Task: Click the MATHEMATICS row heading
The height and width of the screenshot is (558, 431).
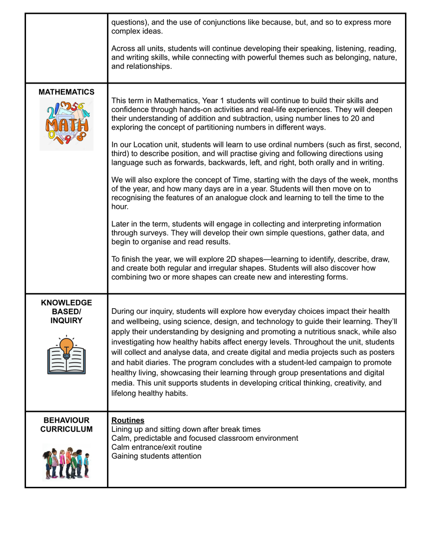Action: coord(66,92)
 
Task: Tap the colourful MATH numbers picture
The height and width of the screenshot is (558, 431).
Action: coord(66,124)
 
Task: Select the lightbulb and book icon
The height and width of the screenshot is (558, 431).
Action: coord(66,355)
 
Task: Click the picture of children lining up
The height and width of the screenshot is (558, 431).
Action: coord(66,462)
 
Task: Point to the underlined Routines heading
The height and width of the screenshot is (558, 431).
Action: coord(128,420)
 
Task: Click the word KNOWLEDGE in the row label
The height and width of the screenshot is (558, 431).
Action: coord(66,303)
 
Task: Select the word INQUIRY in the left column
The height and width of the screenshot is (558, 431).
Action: coord(66,320)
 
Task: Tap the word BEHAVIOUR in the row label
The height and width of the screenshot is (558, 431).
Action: coord(66,420)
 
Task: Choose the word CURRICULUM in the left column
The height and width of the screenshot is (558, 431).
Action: coord(66,429)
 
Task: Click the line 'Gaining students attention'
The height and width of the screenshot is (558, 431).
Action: coord(156,456)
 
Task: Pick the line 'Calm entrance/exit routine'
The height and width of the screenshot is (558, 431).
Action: coord(157,447)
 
